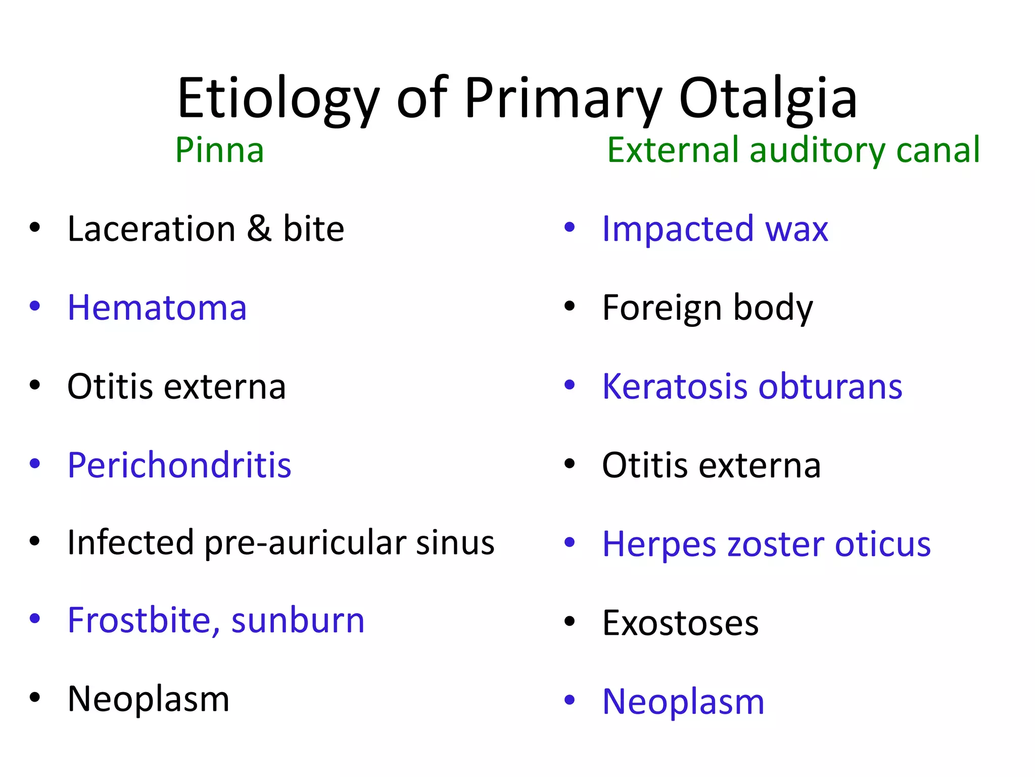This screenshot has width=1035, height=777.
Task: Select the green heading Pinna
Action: coord(219,150)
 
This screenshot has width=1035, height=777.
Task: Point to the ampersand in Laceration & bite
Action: coord(259,229)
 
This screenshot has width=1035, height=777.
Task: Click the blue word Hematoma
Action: coord(157,308)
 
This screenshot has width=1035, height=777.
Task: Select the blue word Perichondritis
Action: coord(179,465)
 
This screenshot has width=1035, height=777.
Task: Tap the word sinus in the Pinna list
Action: coord(455,543)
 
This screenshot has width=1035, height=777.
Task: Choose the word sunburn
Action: coord(298,621)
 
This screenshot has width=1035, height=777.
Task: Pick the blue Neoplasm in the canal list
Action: coord(683,702)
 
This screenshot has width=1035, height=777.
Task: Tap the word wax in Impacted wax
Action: coord(796,229)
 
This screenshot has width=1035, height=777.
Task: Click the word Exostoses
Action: coord(680,623)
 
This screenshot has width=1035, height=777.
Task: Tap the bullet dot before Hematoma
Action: coord(34,306)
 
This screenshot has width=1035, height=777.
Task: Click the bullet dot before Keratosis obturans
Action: coord(570,385)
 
